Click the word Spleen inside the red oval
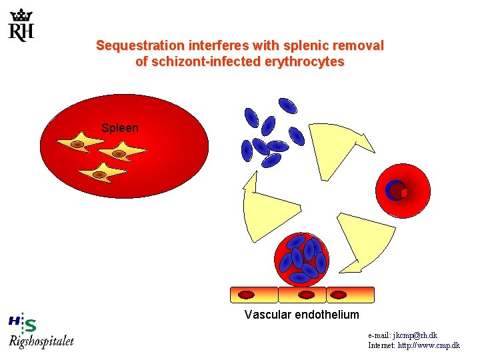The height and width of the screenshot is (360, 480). [x=120, y=127]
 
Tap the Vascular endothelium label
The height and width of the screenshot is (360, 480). [x=301, y=315]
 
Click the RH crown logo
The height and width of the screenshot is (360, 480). [x=21, y=25]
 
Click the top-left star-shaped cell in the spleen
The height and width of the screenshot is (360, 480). [x=77, y=144]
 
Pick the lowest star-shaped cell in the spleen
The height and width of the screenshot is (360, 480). [x=100, y=174]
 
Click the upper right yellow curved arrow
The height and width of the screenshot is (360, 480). [x=337, y=150]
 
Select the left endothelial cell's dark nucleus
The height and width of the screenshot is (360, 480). [x=247, y=295]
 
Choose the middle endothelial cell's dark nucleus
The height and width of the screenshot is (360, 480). [x=306, y=295]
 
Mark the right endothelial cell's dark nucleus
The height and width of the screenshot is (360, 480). [x=339, y=295]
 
